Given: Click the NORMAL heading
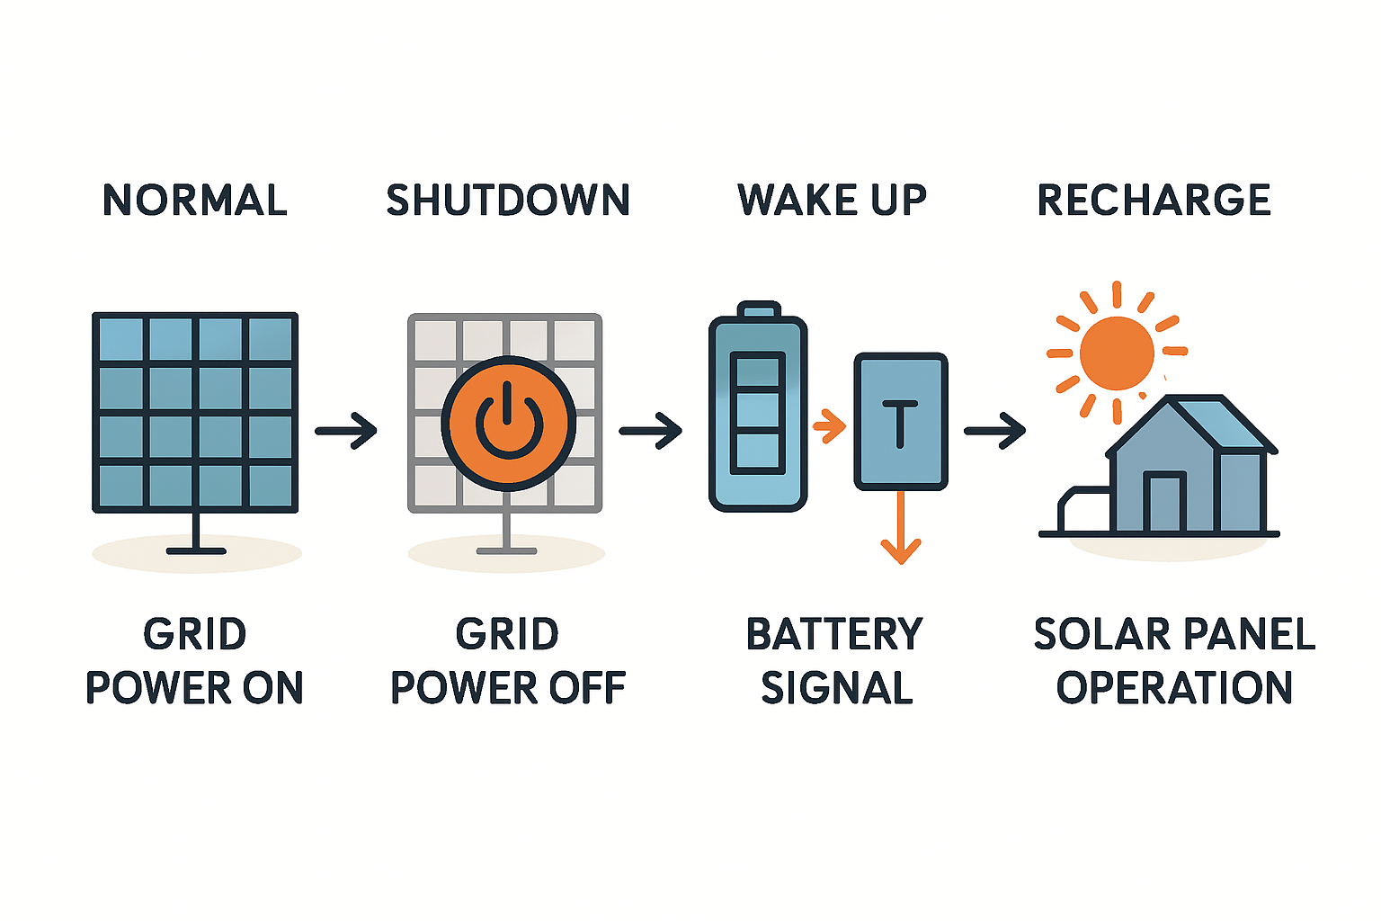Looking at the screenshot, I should click(x=195, y=200).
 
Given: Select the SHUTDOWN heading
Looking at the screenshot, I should click(x=508, y=200).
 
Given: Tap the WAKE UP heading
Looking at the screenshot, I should click(x=832, y=200).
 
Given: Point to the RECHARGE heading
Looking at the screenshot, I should click(x=1154, y=200).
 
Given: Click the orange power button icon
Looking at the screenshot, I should click(x=508, y=423).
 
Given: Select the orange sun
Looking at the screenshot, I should click(x=1117, y=353).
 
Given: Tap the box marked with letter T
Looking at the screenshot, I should click(x=900, y=421).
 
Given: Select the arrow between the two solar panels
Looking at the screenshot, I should click(x=347, y=431).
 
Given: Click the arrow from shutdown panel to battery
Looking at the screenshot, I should click(x=651, y=431).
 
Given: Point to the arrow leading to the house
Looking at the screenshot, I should click(x=995, y=431).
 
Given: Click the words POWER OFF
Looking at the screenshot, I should click(x=508, y=688).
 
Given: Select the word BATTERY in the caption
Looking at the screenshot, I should click(x=834, y=634).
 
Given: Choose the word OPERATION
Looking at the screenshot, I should click(x=1174, y=688).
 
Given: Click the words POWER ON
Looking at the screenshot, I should click(x=195, y=688).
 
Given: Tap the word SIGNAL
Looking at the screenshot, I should click(x=837, y=688).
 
